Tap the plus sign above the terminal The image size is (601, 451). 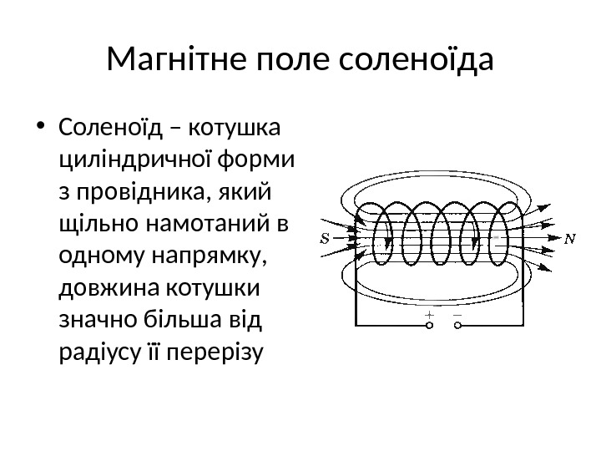pyautogui.click(x=430, y=315)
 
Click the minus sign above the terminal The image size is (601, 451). pyautogui.click(x=457, y=315)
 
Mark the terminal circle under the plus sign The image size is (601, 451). pyautogui.click(x=430, y=325)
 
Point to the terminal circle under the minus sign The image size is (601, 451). pyautogui.click(x=457, y=325)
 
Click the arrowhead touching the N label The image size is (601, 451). pyautogui.click(x=553, y=238)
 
